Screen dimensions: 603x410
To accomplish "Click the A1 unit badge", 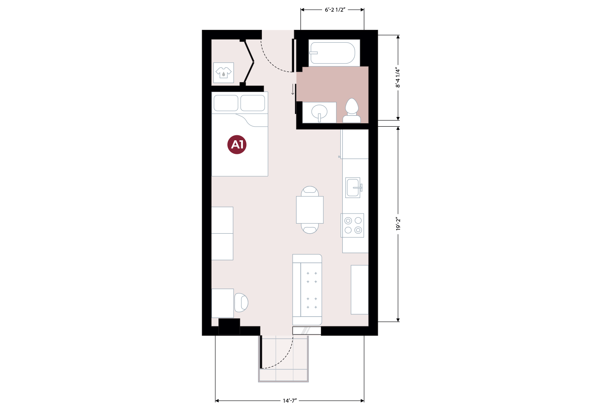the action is pyautogui.click(x=237, y=145).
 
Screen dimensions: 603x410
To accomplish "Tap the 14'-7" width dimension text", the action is pyautogui.click(x=289, y=401).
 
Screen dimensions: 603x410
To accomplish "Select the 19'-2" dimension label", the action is pyautogui.click(x=398, y=224).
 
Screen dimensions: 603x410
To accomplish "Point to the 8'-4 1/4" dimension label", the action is pyautogui.click(x=398, y=78).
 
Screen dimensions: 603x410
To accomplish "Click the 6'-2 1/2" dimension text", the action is pyautogui.click(x=335, y=10).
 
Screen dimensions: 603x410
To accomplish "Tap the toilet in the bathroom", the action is pyautogui.click(x=352, y=111).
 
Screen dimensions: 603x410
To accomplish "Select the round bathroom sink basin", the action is pyautogui.click(x=319, y=112).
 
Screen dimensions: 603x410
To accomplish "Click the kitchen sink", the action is pyautogui.click(x=353, y=188).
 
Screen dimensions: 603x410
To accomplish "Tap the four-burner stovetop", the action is pyautogui.click(x=352, y=225).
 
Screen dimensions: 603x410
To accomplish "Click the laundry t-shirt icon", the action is pyautogui.click(x=224, y=72).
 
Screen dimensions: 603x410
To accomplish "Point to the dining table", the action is pyautogui.click(x=310, y=210).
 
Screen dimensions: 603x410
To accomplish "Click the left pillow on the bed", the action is pyautogui.click(x=226, y=103).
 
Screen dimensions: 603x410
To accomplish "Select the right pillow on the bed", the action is pyautogui.click(x=253, y=103).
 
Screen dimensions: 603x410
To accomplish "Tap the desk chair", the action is pyautogui.click(x=241, y=302).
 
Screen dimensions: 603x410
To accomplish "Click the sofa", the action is pyautogui.click(x=307, y=290).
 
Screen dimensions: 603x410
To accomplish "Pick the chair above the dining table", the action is pyautogui.click(x=310, y=191).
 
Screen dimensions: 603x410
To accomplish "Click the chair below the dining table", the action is pyautogui.click(x=310, y=229).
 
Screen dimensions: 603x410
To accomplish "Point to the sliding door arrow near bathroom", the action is pyautogui.click(x=293, y=90).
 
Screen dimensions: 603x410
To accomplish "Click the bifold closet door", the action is pyautogui.click(x=249, y=62).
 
